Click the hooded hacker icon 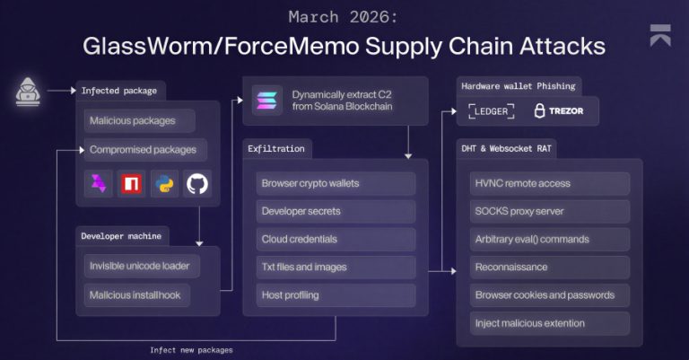pos(30,91)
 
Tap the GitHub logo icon pos(197,184)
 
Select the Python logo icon pos(165,184)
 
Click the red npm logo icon pos(132,184)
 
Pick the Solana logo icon pos(266,100)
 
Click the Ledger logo pos(492,111)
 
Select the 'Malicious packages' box pos(131,120)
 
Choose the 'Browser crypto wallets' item pos(336,184)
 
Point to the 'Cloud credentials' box pos(336,240)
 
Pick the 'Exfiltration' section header pos(277,147)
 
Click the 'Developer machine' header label pos(121,235)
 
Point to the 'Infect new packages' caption pos(191,350)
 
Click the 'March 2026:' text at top pos(345,16)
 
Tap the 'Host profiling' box pos(336,294)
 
